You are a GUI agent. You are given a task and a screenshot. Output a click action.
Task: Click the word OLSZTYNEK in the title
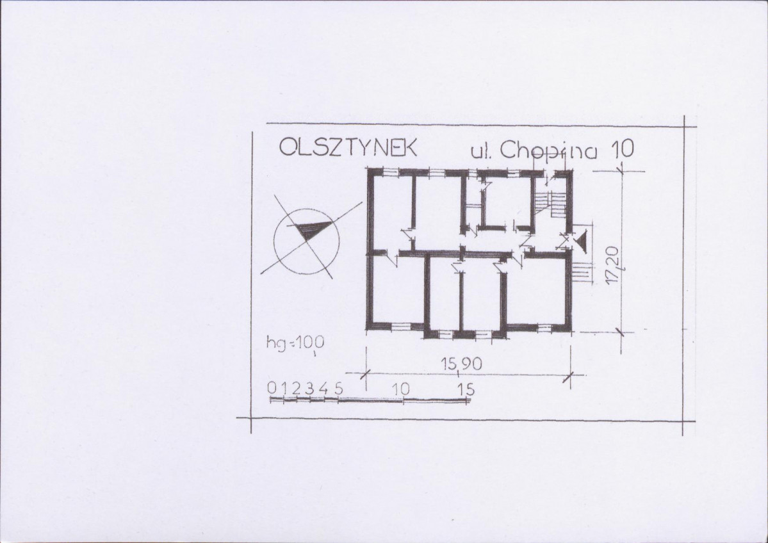[348, 147]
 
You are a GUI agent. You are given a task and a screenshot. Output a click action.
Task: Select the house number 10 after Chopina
[621, 149]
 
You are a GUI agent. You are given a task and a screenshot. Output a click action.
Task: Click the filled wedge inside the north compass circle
[311, 229]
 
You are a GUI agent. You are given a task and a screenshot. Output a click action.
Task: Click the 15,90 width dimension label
[461, 364]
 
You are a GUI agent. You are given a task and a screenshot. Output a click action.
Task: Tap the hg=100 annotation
[295, 342]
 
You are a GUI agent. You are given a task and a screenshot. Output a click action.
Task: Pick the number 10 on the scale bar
[400, 389]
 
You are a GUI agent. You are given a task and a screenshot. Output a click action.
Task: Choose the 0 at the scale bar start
[272, 388]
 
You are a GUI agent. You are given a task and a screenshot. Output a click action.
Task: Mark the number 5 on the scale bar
[338, 388]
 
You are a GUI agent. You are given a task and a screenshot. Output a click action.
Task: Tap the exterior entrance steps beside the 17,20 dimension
[582, 272]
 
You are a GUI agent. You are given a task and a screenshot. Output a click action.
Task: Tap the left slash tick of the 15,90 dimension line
[363, 375]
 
